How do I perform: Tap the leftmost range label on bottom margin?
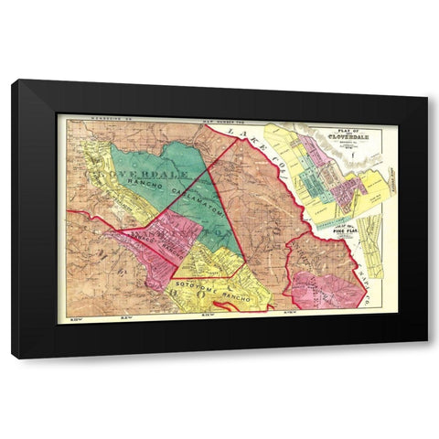71,319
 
